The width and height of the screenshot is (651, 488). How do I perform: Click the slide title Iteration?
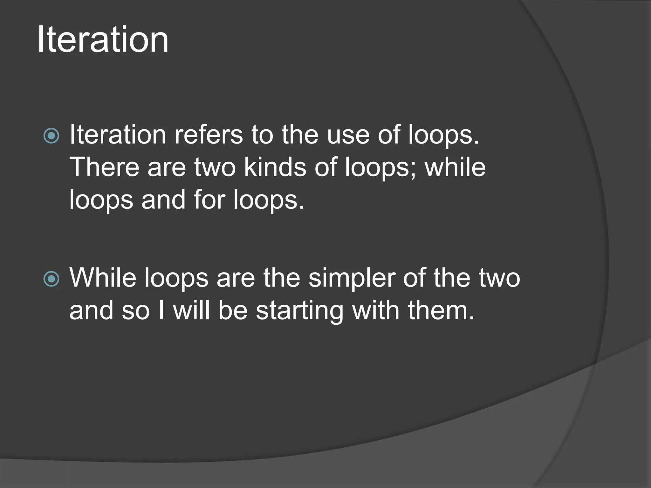pos(103,40)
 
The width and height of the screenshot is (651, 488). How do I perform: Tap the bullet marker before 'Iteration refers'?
pos(51,136)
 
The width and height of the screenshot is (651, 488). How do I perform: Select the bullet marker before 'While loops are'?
pos(51,279)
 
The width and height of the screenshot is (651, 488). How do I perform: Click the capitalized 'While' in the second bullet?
pos(103,278)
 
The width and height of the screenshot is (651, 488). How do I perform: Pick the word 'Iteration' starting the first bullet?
pos(118,135)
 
